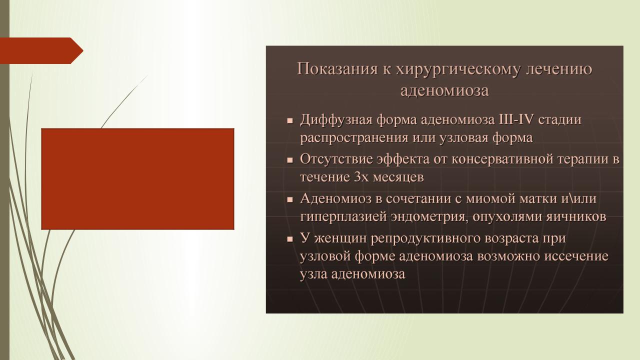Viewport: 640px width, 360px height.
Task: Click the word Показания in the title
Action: [337, 69]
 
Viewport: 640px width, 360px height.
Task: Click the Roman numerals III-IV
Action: [515, 119]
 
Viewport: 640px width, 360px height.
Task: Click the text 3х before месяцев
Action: [361, 177]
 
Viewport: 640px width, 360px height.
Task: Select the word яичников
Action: [576, 217]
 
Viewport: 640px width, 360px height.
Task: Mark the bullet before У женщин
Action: [290, 239]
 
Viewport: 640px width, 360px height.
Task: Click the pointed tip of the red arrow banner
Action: [83, 51]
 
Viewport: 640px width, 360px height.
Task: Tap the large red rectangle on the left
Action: [137, 179]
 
